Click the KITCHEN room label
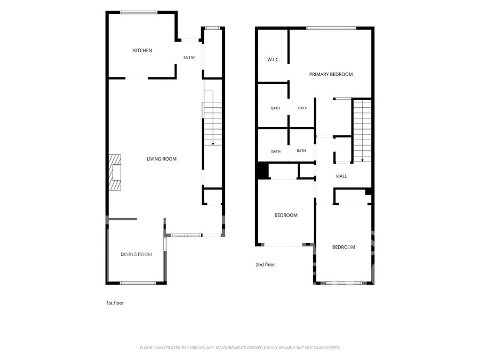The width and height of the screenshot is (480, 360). point(142,51)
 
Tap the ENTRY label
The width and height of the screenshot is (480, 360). point(189,58)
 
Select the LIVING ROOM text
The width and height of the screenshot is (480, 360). point(161,159)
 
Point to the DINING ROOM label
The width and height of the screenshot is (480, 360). point(136,254)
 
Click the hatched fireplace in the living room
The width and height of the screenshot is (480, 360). point(115,172)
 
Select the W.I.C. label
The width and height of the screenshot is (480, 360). point(274,60)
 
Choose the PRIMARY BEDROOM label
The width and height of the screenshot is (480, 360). point(331,74)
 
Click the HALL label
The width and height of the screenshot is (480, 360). point(342,176)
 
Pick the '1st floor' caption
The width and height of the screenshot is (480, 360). point(115,303)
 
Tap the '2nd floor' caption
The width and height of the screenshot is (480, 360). point(266,265)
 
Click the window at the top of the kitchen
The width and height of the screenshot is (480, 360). point(139,13)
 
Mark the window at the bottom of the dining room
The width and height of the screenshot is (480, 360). point(138,283)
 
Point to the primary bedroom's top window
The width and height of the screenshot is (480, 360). point(331,28)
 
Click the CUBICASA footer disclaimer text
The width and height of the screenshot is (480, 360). point(239,348)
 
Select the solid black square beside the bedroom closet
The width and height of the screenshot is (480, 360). point(262,171)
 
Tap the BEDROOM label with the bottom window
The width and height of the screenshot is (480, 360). point(344,247)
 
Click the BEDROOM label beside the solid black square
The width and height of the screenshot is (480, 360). point(286,215)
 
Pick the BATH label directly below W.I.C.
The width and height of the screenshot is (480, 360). point(276,108)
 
